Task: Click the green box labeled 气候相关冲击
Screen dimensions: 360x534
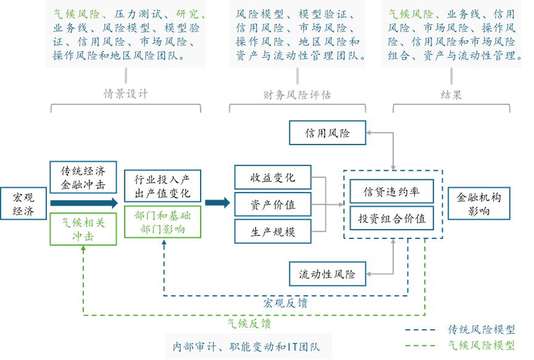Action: point(83,228)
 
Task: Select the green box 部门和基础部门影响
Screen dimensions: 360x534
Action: point(162,222)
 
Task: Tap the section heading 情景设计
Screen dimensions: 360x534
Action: point(125,94)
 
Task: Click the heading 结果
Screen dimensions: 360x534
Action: point(451,94)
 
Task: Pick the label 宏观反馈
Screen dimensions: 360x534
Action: point(285,303)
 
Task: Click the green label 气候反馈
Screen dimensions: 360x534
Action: point(249,324)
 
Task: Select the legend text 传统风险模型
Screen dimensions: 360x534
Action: point(481,329)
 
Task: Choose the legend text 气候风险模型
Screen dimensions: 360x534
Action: point(481,345)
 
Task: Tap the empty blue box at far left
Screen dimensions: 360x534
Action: point(23,203)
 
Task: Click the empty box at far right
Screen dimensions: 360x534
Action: point(478,203)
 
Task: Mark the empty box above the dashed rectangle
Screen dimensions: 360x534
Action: point(327,132)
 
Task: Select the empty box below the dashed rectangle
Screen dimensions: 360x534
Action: point(327,274)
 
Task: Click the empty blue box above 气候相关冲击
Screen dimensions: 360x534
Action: point(83,177)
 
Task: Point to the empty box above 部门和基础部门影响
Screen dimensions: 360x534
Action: point(162,185)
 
